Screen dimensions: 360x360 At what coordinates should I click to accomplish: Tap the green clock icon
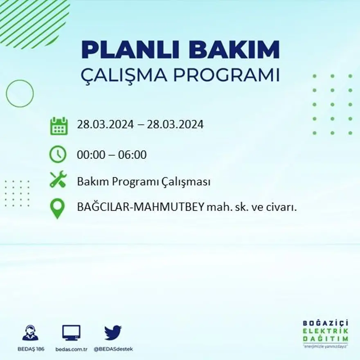58,155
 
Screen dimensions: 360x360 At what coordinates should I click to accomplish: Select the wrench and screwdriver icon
58,180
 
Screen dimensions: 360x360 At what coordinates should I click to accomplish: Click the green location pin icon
57,208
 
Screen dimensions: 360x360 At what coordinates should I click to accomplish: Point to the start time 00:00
90,155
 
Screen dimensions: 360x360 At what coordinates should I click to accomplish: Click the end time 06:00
133,155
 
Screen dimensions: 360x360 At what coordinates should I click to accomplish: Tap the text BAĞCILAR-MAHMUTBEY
140,207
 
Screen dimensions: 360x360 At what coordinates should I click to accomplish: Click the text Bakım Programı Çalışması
144,182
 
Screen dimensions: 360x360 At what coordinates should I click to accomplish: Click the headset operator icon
30,333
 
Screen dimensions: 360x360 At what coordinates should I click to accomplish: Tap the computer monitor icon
71,333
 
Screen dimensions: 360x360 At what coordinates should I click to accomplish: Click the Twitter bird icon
113,333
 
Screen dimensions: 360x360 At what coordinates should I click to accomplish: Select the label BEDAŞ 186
32,349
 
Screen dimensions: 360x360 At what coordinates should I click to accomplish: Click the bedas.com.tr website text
71,349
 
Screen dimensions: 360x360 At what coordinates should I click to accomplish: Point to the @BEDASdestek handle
113,349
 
